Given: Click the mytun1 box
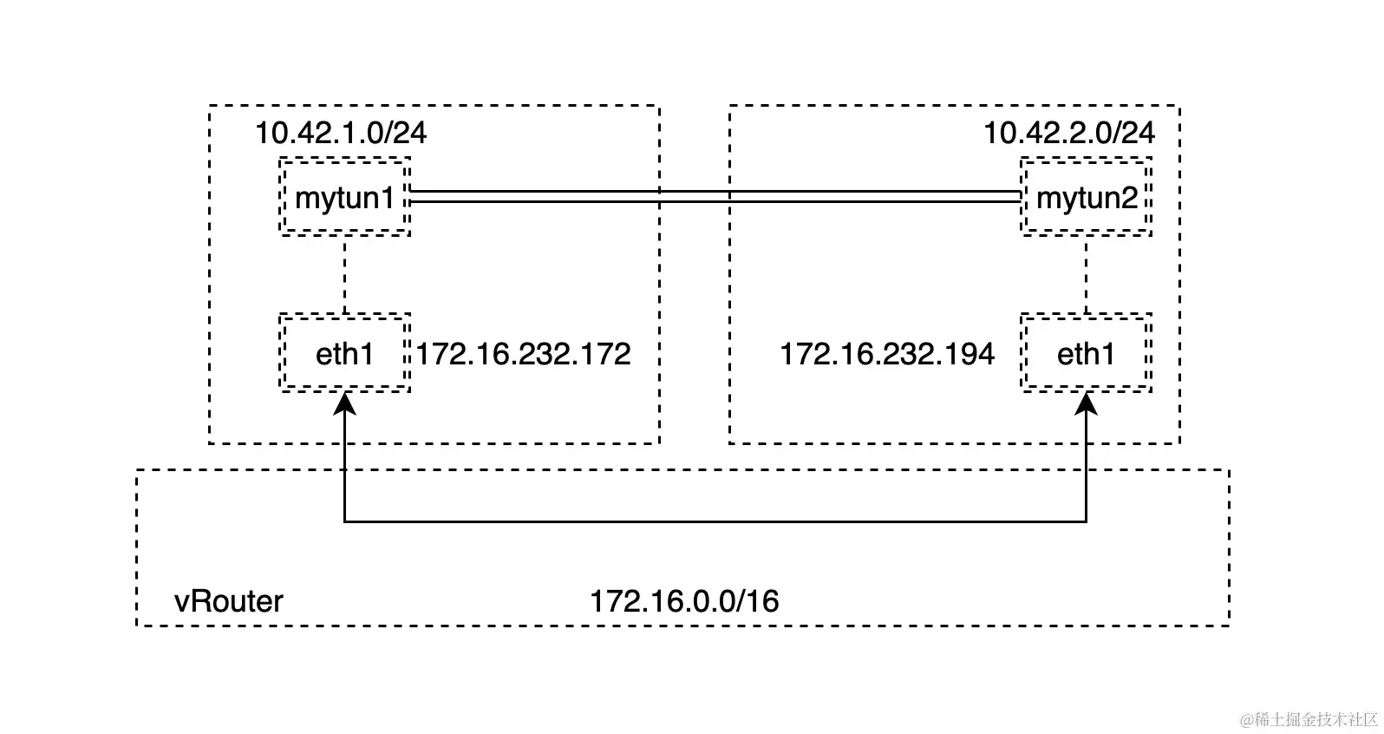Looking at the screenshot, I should click(x=344, y=197).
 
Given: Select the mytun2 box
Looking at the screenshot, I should click(x=1086, y=197).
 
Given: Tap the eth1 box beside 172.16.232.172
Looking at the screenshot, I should click(x=344, y=353).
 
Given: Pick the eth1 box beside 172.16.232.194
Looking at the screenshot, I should click(x=1086, y=353).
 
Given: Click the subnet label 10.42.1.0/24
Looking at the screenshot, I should click(x=340, y=133).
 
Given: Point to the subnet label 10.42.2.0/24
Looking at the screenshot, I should click(x=1068, y=133).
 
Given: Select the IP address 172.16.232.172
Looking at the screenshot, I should click(x=523, y=354).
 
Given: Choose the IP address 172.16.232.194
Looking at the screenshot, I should click(x=886, y=354).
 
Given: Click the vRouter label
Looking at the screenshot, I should click(x=229, y=601).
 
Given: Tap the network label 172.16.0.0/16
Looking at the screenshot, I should click(x=684, y=601).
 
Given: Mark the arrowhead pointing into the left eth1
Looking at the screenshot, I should click(x=345, y=403).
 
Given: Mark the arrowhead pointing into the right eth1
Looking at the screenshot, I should click(x=1086, y=403).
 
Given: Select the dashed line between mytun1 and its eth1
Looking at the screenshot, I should click(x=345, y=274).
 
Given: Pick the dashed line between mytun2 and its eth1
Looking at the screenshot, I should click(x=1086, y=274).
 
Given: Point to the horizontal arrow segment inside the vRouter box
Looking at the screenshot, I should click(x=715, y=521).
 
